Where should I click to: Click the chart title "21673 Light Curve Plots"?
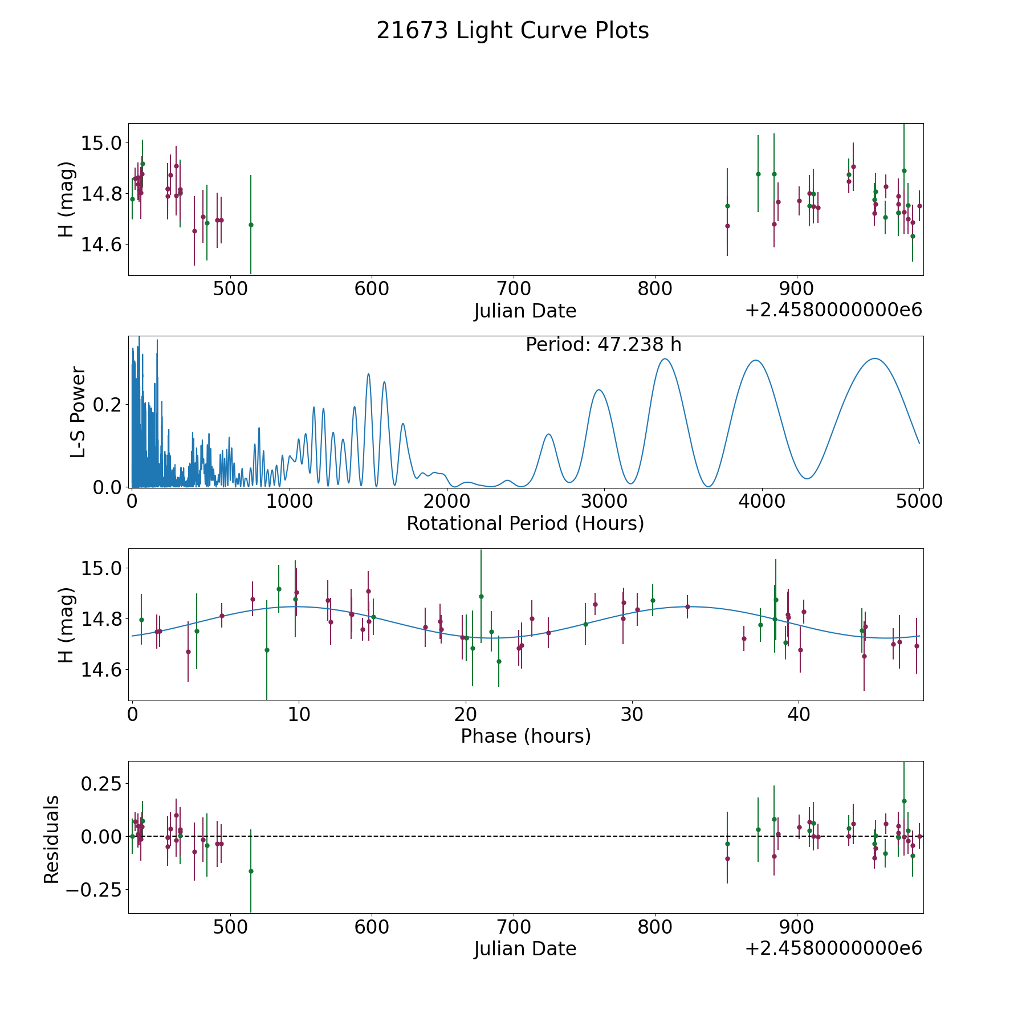[x=512, y=31]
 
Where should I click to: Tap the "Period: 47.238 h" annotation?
[x=603, y=345]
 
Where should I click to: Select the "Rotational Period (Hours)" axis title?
[x=525, y=523]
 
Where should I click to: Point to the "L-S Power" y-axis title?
[x=78, y=412]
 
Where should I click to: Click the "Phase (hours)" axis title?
[x=526, y=736]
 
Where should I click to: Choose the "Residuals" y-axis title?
[x=51, y=839]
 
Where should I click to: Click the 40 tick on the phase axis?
[x=799, y=714]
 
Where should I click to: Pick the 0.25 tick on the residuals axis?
[x=103, y=784]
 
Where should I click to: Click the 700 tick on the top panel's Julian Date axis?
[x=513, y=288]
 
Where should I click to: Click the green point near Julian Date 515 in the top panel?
[x=251, y=225]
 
